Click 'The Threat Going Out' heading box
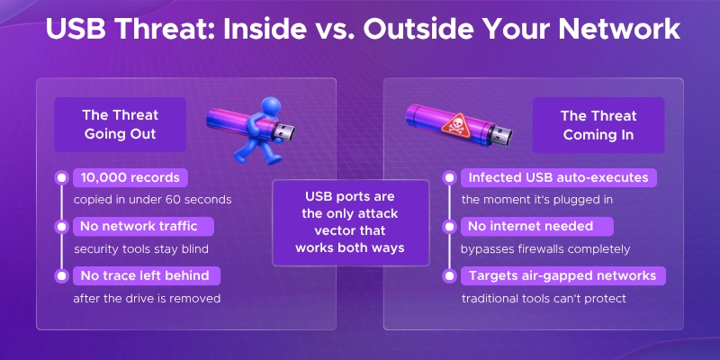tap(120, 125)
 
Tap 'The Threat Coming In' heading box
tap(598, 125)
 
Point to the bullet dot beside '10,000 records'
tap(61, 177)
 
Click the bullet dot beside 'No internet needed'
tap(450, 226)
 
